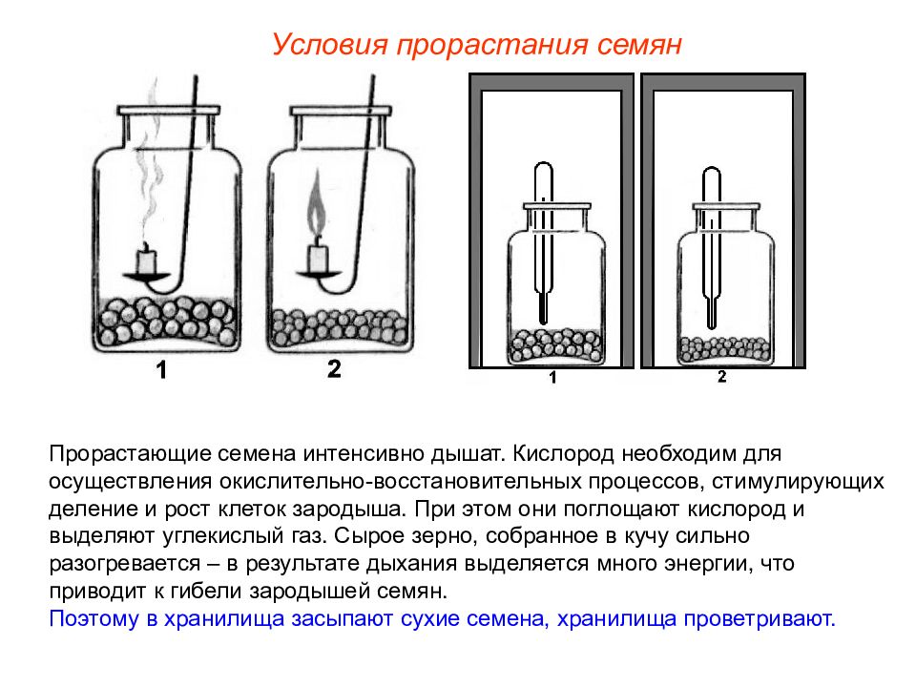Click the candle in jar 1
[146, 259]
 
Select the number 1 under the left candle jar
[161, 372]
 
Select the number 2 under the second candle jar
[334, 370]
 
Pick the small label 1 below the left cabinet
[552, 379]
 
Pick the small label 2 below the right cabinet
[721, 378]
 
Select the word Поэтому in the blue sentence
[91, 618]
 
